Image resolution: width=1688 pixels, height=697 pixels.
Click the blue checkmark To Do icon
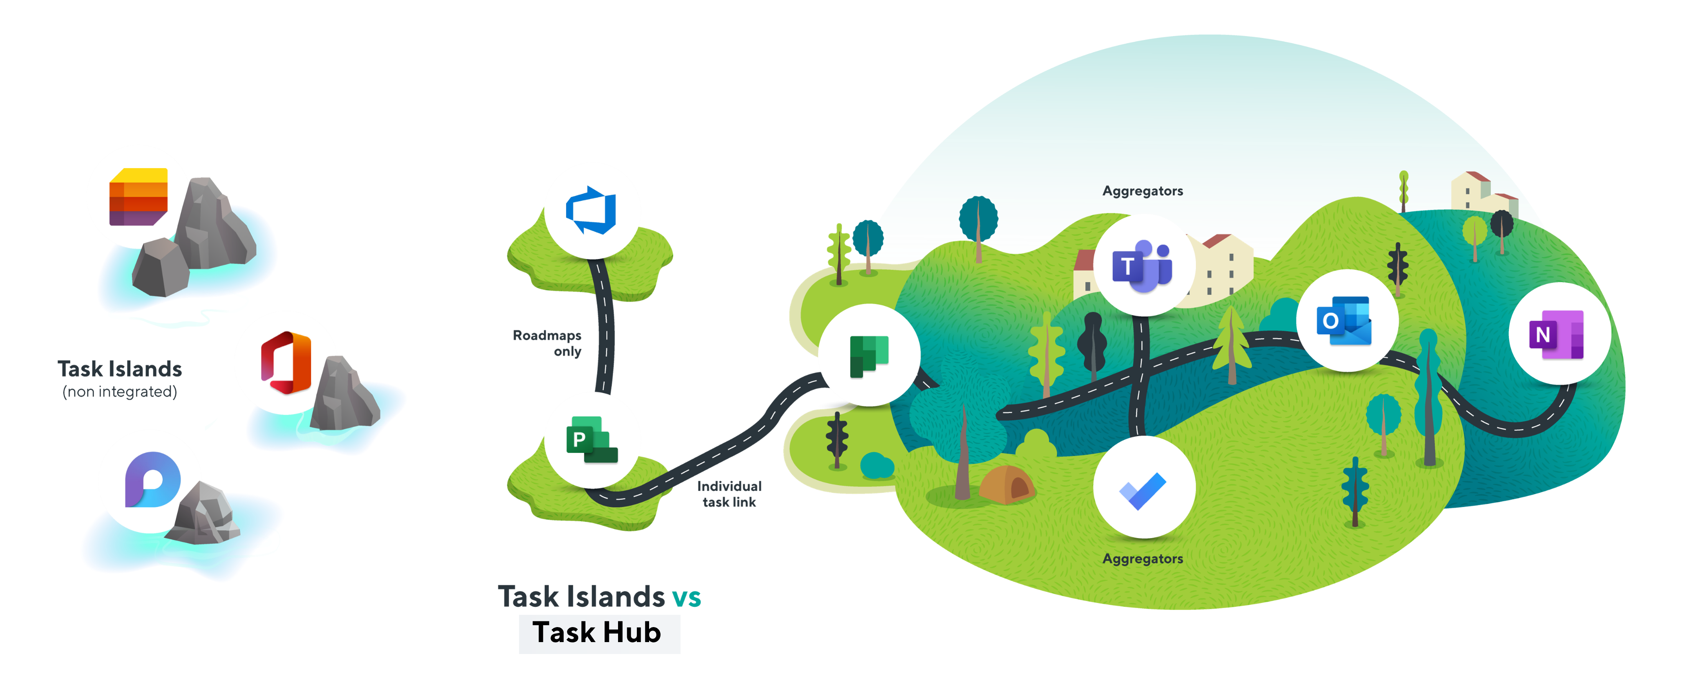tap(1144, 488)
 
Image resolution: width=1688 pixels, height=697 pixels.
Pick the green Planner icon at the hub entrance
tap(869, 355)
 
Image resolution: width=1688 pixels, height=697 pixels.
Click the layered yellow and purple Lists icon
tap(138, 197)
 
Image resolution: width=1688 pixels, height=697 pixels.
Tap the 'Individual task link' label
tap(729, 494)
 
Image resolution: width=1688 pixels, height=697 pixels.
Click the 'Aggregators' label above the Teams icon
tap(1142, 191)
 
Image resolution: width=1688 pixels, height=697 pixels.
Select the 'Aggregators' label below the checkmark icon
tap(1142, 559)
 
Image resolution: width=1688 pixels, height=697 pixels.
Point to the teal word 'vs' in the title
tap(686, 597)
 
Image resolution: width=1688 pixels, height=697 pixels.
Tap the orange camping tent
tap(1006, 485)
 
